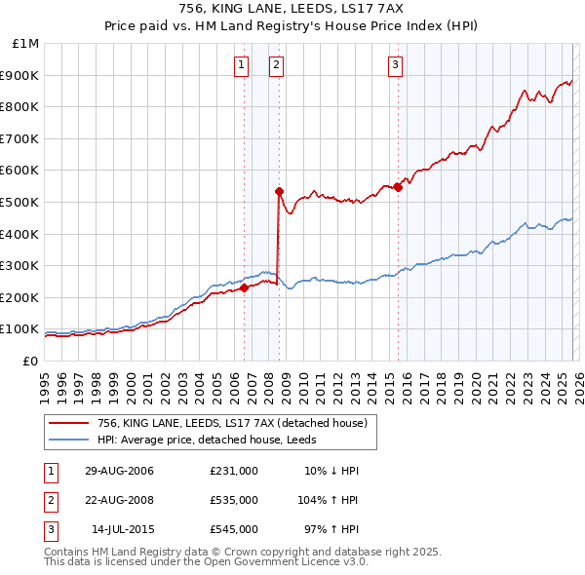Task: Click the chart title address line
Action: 292,9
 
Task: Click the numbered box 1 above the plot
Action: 241,65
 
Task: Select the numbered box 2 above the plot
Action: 276,65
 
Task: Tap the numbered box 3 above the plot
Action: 395,65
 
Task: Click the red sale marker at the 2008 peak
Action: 279,191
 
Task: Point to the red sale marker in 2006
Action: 245,287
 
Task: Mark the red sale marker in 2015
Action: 398,187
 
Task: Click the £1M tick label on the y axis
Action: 26,44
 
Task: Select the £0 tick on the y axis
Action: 29,361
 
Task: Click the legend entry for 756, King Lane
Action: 232,422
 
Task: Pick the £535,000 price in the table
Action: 233,500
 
